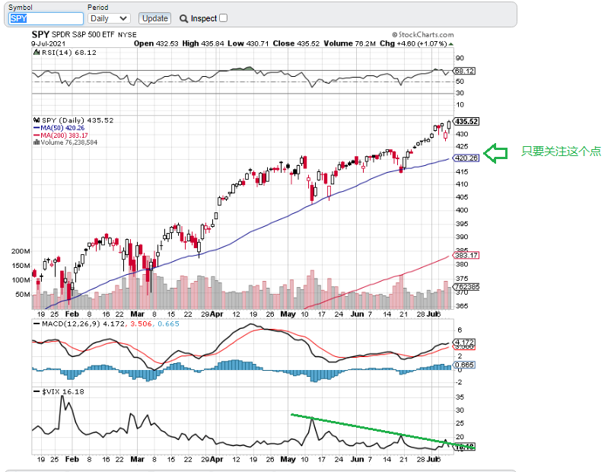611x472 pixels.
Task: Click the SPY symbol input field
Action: [46, 18]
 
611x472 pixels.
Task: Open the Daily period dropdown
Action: [109, 18]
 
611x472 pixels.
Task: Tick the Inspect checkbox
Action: [223, 18]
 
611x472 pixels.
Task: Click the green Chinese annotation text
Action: [561, 151]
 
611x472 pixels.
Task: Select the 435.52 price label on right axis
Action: [466, 121]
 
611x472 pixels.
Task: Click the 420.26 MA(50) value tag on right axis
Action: [465, 158]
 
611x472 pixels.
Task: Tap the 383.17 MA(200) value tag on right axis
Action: [465, 255]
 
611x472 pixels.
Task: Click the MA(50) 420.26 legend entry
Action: [64, 128]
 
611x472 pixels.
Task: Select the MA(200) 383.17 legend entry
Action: [65, 135]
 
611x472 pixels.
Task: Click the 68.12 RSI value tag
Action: [465, 71]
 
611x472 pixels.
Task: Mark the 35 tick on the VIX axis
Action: [460, 397]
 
